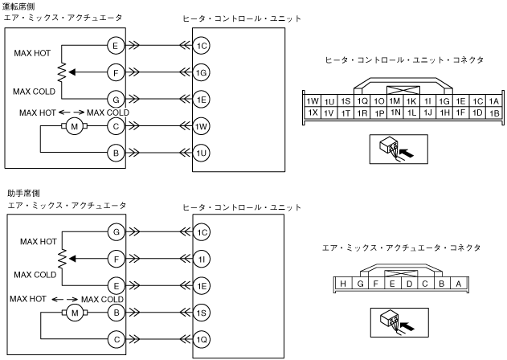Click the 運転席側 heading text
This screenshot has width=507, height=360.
click(x=19, y=6)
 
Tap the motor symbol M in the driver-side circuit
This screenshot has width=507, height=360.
click(x=75, y=126)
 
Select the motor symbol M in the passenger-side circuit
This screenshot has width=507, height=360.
click(x=75, y=312)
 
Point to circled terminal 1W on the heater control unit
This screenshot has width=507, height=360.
click(x=202, y=125)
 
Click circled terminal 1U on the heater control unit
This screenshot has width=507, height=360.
click(x=202, y=152)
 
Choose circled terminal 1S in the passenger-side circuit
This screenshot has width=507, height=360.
click(x=202, y=311)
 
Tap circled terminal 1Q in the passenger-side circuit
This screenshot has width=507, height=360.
click(x=202, y=338)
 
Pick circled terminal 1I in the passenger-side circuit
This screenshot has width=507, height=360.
click(x=202, y=259)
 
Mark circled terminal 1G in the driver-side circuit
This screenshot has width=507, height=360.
click(x=202, y=72)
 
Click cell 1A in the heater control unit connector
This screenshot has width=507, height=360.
click(x=493, y=101)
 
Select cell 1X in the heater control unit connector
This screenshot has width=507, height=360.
click(x=313, y=112)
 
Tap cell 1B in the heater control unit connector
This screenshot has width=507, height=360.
click(x=493, y=113)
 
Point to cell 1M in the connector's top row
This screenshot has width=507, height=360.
click(x=395, y=101)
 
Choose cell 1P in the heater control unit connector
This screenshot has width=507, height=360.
click(x=378, y=112)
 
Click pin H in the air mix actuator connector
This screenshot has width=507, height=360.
click(x=343, y=283)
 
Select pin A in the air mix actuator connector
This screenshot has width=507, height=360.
click(x=457, y=283)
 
